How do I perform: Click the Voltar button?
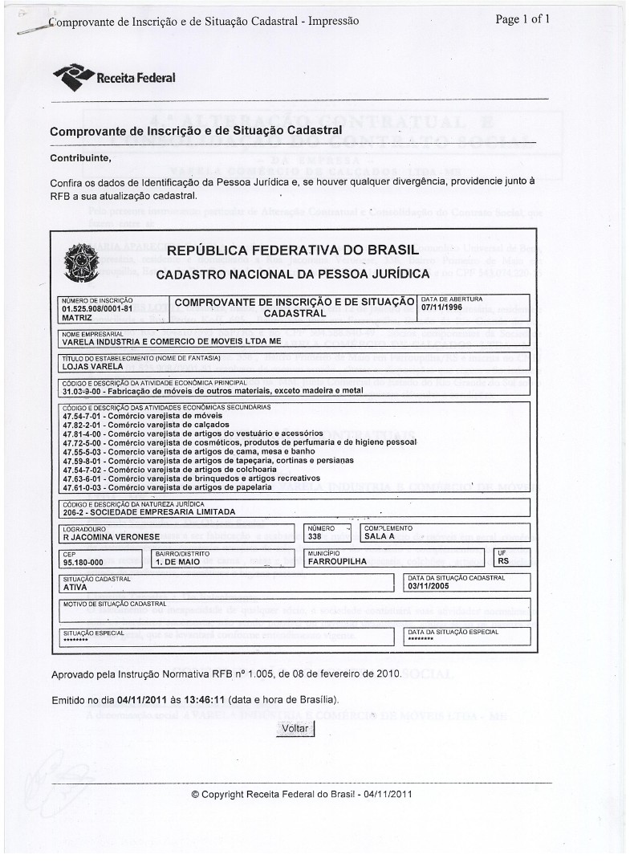(295, 728)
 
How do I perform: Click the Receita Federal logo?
(113, 78)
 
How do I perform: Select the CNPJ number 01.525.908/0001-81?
(96, 307)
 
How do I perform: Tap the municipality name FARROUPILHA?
(337, 562)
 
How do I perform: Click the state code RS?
(504, 562)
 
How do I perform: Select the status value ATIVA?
(75, 587)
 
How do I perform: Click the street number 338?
(315, 537)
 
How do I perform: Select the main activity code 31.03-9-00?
(83, 391)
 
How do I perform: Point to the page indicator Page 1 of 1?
(522, 20)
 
